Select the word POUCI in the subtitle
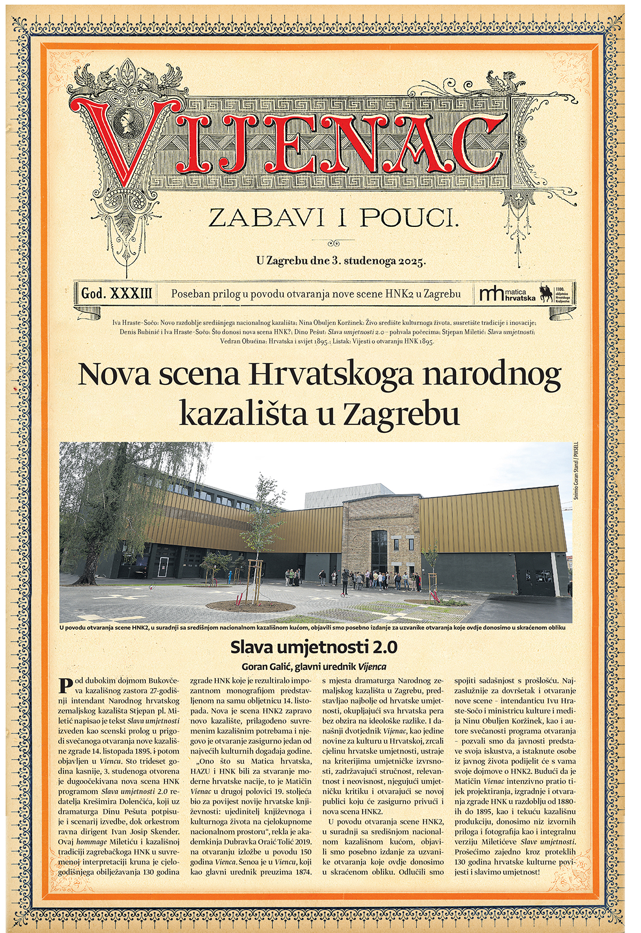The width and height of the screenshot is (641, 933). pyautogui.click(x=409, y=218)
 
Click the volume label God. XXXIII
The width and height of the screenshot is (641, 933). pyautogui.click(x=116, y=294)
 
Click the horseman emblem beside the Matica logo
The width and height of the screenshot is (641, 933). pyautogui.click(x=546, y=293)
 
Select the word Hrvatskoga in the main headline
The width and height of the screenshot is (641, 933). pyautogui.click(x=331, y=375)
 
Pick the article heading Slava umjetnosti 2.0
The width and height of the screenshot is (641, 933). pyautogui.click(x=314, y=647)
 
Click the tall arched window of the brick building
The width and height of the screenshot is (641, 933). pyautogui.click(x=379, y=550)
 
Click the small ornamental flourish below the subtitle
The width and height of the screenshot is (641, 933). pyautogui.click(x=333, y=243)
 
